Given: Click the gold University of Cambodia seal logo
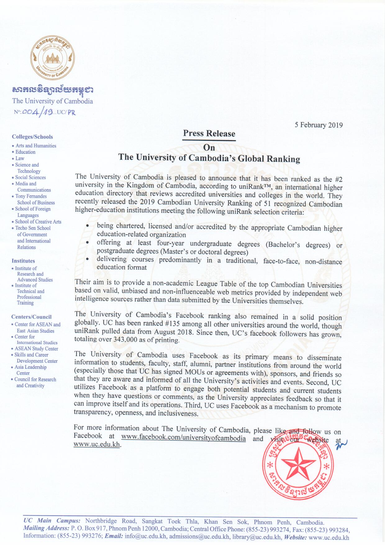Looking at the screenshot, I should tap(52, 58).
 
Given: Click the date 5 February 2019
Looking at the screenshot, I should tap(319, 125).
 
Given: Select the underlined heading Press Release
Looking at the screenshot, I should tap(209, 133).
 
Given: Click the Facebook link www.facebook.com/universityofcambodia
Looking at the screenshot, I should tap(183, 438).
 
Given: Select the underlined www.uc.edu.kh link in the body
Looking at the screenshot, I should tap(97, 444).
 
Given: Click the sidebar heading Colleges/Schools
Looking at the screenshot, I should tap(32, 137).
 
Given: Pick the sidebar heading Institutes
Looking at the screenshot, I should tap(23, 261).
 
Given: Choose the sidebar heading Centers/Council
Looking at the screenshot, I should tap(31, 317).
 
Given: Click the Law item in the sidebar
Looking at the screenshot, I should tap(20, 158).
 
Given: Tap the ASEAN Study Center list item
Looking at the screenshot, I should tap(36, 349).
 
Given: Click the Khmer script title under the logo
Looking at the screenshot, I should tap(52, 90).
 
